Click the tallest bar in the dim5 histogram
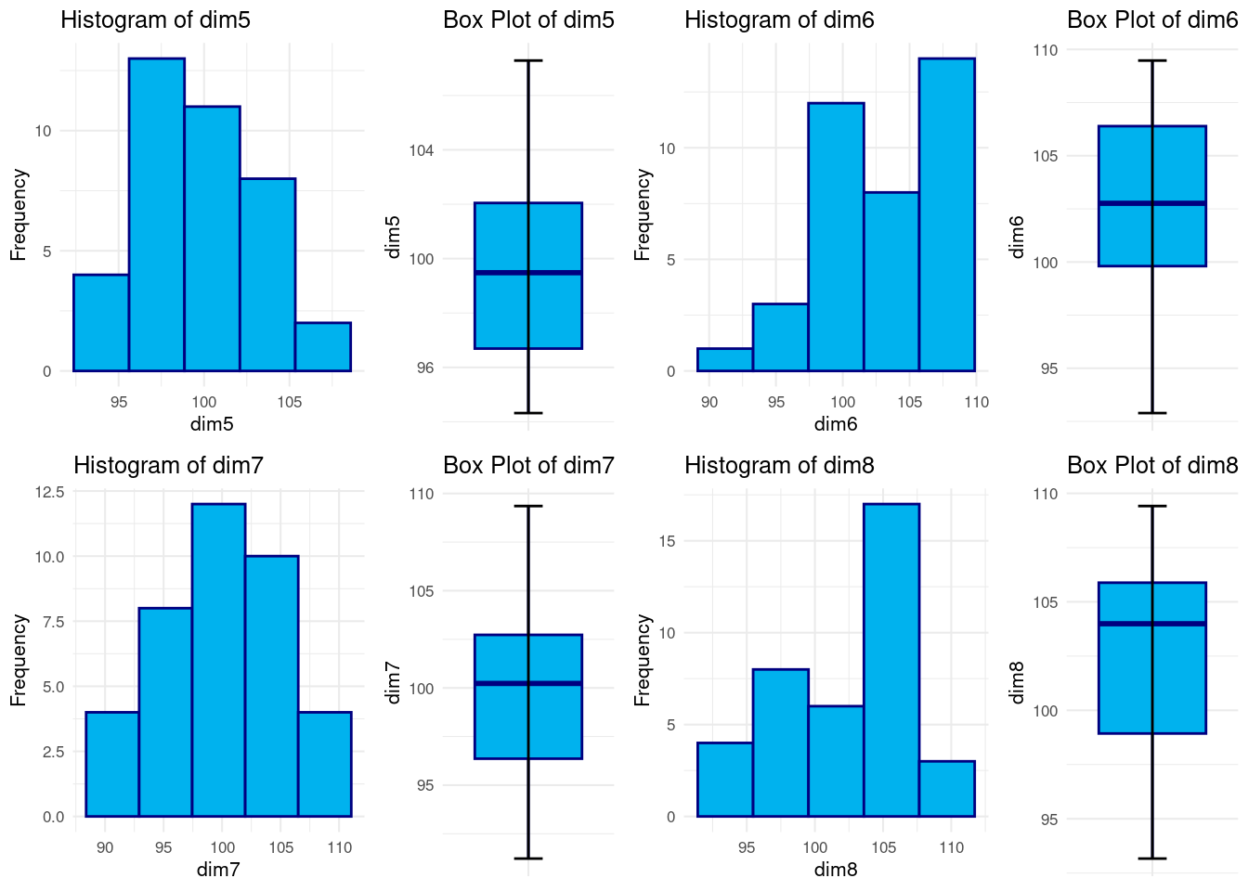click(x=156, y=214)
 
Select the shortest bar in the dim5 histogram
click(x=323, y=347)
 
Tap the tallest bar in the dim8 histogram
click(x=891, y=660)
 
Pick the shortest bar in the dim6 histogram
click(x=724, y=360)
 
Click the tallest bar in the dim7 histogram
click(x=218, y=660)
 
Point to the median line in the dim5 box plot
click(x=528, y=273)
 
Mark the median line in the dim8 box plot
click(x=1152, y=624)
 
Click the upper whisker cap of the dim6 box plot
click(x=1152, y=60)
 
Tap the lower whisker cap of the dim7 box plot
click(x=528, y=859)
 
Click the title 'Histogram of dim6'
click(x=779, y=20)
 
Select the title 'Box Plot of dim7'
click(x=528, y=465)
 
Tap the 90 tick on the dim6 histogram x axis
click(x=709, y=402)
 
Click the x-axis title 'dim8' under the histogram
click(x=836, y=870)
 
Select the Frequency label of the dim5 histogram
click(x=19, y=214)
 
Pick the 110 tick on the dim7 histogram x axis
click(x=340, y=847)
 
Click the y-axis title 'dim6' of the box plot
click(x=1017, y=237)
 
